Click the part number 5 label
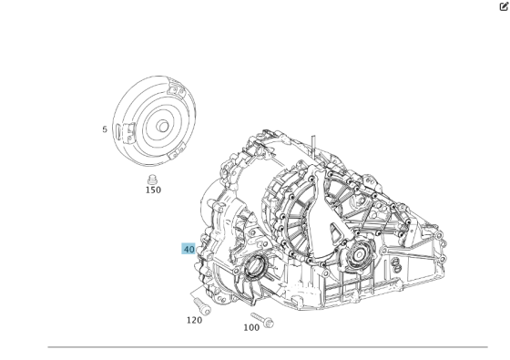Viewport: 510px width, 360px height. click(x=105, y=129)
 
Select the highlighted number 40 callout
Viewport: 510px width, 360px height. click(x=189, y=249)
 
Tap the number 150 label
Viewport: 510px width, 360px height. click(x=153, y=190)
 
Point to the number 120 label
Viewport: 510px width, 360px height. click(x=194, y=320)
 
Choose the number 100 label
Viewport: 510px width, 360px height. click(x=251, y=327)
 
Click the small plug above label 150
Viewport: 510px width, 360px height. click(x=152, y=177)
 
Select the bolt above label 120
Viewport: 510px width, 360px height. click(x=199, y=303)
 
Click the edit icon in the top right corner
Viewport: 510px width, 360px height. click(x=503, y=6)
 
